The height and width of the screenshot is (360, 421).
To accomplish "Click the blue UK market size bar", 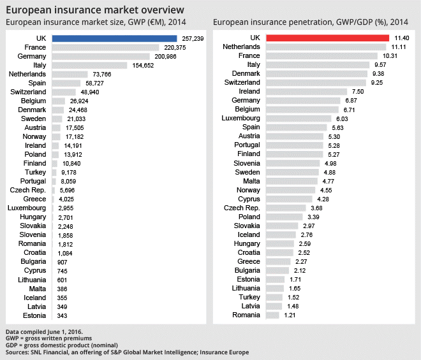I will [105, 38].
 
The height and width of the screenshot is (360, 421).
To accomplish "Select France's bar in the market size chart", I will [105, 47].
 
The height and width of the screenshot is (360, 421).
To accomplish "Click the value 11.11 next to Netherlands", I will [399, 47].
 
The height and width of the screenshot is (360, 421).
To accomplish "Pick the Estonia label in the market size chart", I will [34, 315].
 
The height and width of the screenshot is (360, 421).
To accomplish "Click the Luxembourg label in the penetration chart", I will [241, 119].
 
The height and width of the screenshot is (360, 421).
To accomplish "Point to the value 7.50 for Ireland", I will [358, 92].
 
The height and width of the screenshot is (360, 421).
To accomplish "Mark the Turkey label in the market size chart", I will [36, 172].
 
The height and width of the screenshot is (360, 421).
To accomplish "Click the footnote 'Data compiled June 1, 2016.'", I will [44, 332].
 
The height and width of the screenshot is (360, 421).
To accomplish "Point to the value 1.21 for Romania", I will [292, 315].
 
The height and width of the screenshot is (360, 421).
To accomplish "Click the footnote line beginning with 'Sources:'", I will [127, 352].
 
